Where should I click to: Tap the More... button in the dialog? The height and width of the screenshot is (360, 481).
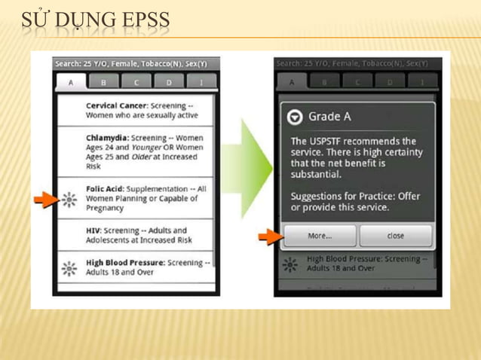coord(319,236)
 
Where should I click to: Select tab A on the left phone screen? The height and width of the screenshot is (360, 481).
coord(70,82)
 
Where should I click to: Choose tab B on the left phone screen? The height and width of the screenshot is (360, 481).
coord(103,82)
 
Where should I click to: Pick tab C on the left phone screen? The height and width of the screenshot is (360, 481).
coord(136,82)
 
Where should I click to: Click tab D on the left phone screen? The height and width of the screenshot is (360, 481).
coord(170,82)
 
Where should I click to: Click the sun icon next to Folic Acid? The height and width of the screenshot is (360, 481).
coord(69,200)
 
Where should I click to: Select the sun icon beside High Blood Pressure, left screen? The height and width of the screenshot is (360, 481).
coord(69,268)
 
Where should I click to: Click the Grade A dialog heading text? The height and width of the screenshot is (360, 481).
coord(329,117)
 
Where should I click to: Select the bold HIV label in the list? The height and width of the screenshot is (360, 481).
coord(93,230)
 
